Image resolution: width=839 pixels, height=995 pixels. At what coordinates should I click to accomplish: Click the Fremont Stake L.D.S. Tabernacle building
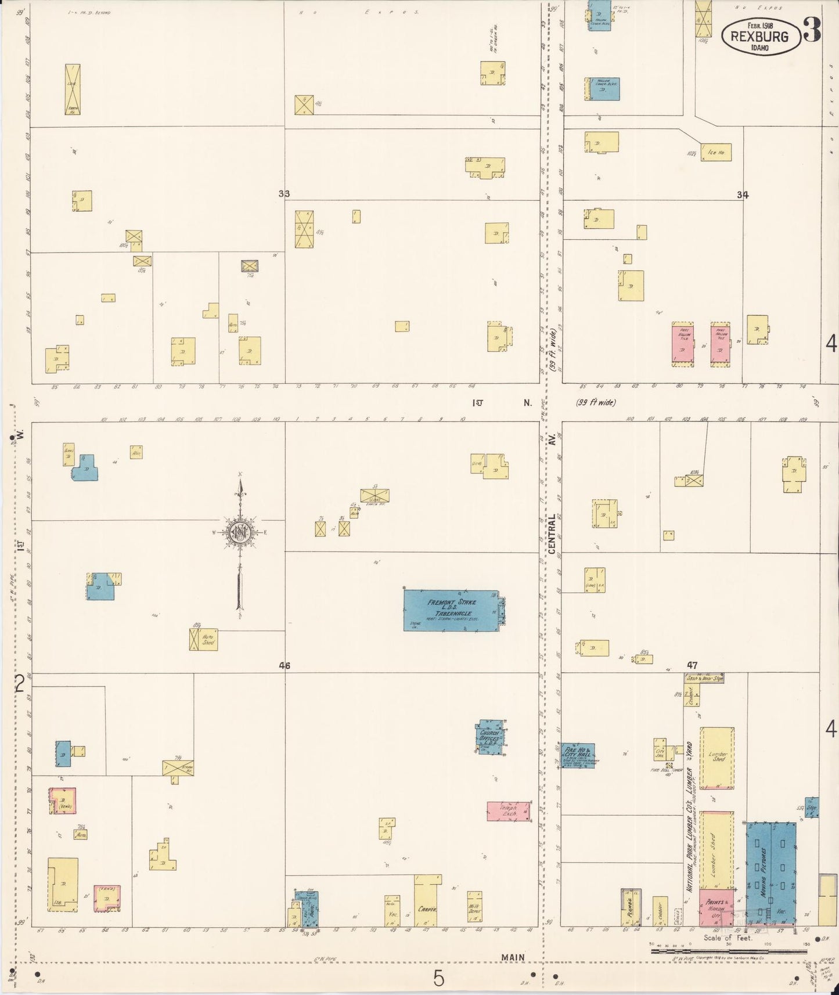(x=452, y=610)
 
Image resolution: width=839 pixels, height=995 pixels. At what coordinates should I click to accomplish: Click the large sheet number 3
(x=812, y=31)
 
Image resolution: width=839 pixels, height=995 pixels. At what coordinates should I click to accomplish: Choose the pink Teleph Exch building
(x=508, y=812)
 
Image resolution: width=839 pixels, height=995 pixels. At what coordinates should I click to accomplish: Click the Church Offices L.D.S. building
(x=491, y=737)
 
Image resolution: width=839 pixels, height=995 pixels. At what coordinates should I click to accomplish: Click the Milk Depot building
(x=474, y=909)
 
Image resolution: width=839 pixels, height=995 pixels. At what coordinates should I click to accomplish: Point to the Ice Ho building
(x=716, y=152)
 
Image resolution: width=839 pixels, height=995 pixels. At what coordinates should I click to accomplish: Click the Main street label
(x=513, y=957)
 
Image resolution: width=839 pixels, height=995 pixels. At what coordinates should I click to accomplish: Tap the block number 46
(x=284, y=666)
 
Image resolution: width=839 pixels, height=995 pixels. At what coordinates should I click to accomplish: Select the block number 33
(x=284, y=194)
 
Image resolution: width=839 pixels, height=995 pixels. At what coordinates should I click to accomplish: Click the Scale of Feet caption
(x=728, y=938)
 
